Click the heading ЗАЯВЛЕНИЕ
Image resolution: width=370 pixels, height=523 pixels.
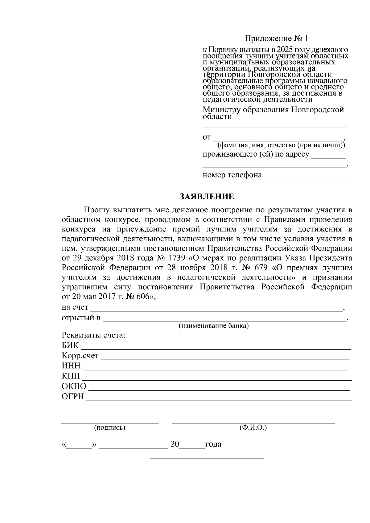point(207,197)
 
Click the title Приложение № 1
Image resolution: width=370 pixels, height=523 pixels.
point(276,39)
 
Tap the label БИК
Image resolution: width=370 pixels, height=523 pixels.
point(70,345)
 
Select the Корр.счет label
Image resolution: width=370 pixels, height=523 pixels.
point(80,356)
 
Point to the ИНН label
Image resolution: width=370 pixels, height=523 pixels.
point(71,366)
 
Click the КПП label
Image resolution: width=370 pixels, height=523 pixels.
point(71,376)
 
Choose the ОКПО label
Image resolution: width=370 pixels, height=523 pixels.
point(74,386)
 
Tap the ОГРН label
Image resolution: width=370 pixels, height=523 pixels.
point(73,396)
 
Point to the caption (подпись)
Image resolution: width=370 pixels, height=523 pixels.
point(109,428)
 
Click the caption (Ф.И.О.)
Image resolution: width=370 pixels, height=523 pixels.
point(253,428)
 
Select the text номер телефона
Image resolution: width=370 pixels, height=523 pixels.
point(232,175)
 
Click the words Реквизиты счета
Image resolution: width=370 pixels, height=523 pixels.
point(93,335)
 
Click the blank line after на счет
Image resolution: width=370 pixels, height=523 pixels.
point(216,308)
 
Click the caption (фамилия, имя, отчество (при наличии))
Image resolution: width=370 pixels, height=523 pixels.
point(281,145)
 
